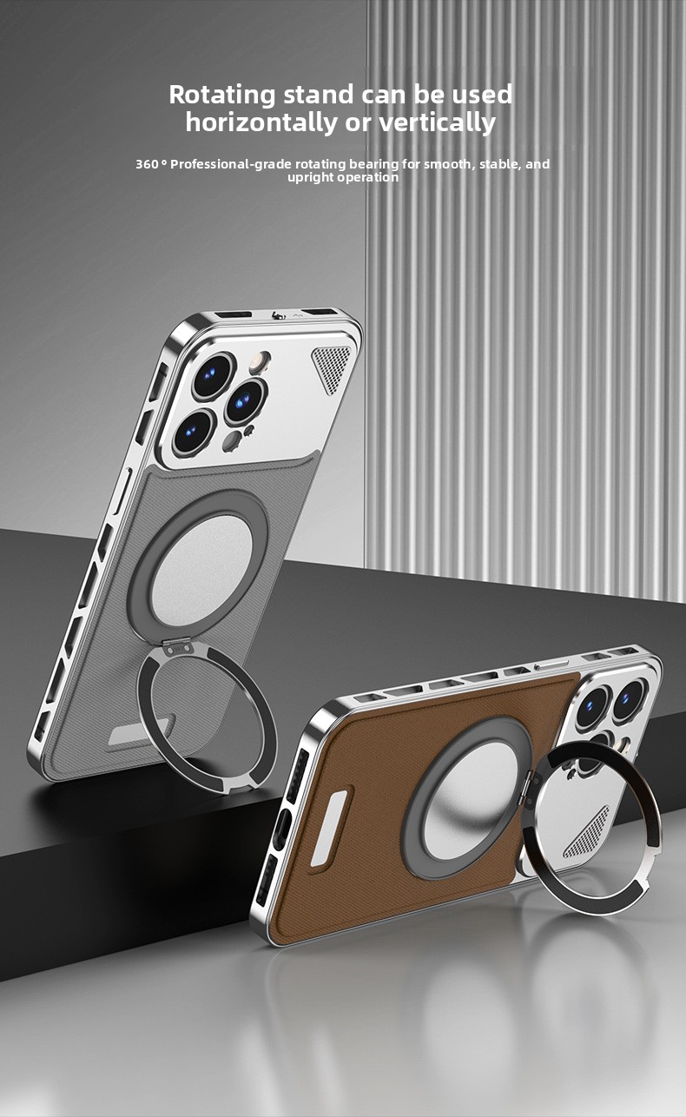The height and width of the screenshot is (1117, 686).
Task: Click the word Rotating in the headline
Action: click(x=222, y=95)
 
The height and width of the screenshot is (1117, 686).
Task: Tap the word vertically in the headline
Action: click(x=438, y=122)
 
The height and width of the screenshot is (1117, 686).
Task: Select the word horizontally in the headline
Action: click(x=261, y=122)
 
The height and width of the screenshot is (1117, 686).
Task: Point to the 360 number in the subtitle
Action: click(x=147, y=164)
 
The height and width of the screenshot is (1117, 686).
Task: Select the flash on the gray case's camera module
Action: click(x=260, y=362)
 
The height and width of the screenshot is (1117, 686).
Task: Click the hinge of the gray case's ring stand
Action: click(x=178, y=648)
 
